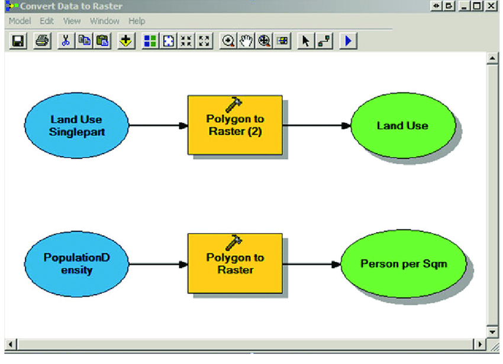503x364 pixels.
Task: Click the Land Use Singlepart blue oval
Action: tap(76, 125)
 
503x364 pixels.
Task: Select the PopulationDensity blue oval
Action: tap(76, 264)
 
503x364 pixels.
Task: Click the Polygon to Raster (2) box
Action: tap(235, 125)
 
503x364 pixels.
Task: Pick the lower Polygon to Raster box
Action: tap(235, 264)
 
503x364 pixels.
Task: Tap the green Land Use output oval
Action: tap(402, 125)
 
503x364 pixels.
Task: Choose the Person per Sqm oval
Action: tap(404, 264)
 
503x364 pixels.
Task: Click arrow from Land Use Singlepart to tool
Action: tap(157, 125)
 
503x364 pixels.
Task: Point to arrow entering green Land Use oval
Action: tap(317, 125)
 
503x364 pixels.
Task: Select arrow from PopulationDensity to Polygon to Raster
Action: tap(157, 264)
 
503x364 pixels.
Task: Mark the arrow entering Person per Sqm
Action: tap(311, 264)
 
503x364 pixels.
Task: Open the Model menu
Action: tap(20, 21)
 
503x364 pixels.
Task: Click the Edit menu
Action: tap(47, 21)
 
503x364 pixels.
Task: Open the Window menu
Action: tap(104, 21)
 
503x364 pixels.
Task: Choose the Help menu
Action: tap(137, 21)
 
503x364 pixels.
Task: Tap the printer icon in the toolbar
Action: tap(42, 41)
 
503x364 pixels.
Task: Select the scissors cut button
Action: tap(66, 41)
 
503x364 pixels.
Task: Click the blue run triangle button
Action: tap(348, 41)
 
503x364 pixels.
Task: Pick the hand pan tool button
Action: tap(246, 41)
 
